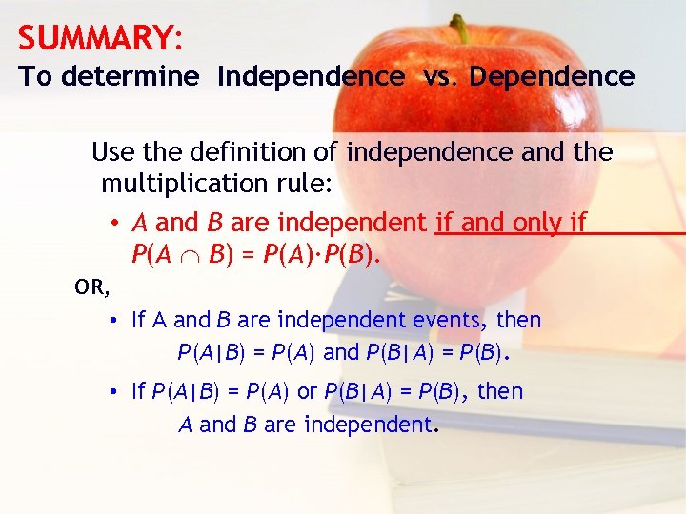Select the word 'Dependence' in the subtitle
point(552,77)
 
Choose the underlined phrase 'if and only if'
point(510,223)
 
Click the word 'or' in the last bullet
point(307,391)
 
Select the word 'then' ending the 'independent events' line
point(519,320)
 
